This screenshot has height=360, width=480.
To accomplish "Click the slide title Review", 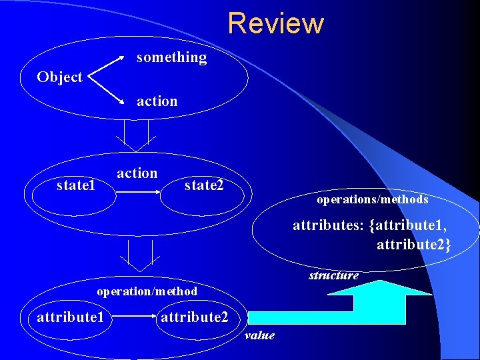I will tap(275, 23).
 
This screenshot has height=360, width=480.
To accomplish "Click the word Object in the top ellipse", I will tap(59, 77).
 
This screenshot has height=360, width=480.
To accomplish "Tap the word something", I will tap(171, 58).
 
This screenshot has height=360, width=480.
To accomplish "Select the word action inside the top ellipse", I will tap(157, 101).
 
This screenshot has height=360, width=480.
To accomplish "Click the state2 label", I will tap(204, 185).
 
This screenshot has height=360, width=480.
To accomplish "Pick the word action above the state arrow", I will tap(137, 173).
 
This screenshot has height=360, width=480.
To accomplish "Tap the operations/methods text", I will tap(372, 199).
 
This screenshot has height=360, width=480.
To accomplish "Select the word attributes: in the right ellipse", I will tap(328, 226).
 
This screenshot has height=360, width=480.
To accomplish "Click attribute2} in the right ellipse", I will tap(413, 245).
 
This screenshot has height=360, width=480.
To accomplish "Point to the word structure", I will tap(333, 275).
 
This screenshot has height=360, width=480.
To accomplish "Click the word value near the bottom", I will tap(259, 335).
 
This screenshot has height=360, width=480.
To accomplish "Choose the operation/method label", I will tap(147, 291).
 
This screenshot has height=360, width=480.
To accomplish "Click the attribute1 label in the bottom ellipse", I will tap(70, 317).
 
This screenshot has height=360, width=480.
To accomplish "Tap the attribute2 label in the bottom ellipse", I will tap(194, 317).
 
